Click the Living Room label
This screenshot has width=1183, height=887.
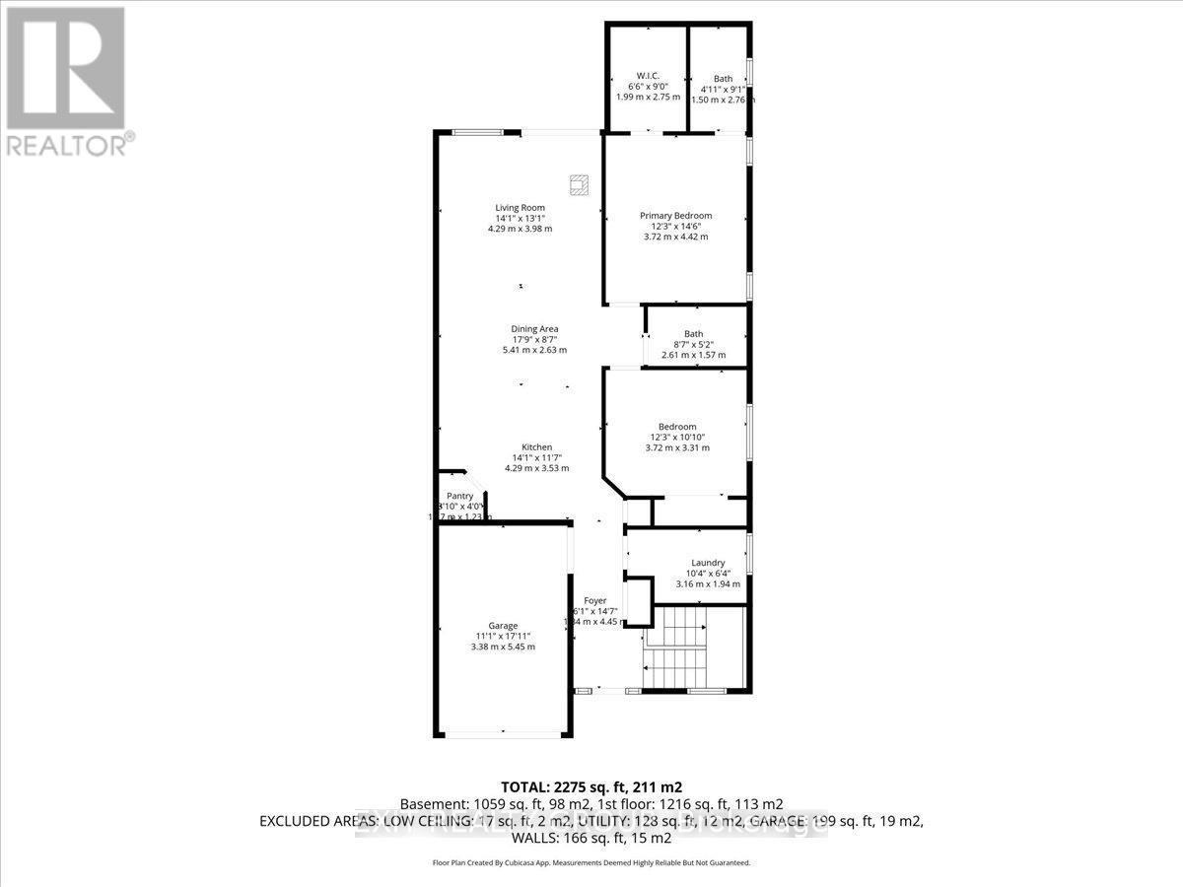click(x=520, y=207)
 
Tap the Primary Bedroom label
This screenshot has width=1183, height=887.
click(x=675, y=216)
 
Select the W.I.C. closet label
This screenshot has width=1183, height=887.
click(x=647, y=76)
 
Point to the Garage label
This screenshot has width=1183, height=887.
click(x=503, y=626)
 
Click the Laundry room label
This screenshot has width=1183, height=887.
click(x=708, y=563)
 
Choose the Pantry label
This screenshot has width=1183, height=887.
click(x=460, y=496)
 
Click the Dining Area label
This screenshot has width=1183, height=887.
click(x=534, y=329)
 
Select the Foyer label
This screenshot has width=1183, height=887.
click(x=594, y=600)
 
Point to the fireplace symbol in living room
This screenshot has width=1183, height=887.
click(x=578, y=183)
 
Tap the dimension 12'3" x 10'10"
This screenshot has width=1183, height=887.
click(x=676, y=437)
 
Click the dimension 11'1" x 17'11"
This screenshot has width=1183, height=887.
click(x=503, y=637)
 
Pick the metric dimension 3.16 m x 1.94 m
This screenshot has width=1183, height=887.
click(x=708, y=583)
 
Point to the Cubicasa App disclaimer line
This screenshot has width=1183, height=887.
click(x=591, y=862)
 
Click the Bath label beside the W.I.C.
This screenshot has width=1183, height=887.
click(x=724, y=79)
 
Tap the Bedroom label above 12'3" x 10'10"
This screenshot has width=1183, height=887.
click(x=677, y=427)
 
